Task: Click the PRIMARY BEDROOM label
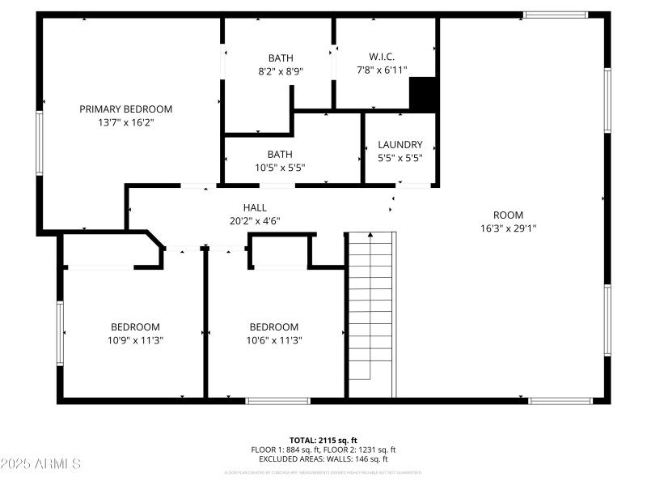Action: tap(125, 109)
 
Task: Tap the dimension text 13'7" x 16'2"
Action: tap(125, 123)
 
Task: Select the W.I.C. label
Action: tap(382, 58)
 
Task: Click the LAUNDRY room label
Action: tap(400, 145)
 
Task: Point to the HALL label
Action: tap(255, 207)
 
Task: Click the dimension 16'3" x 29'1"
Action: tap(508, 228)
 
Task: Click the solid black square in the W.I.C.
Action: tap(423, 94)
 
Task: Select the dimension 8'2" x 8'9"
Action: tap(281, 71)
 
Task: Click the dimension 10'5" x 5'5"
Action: tap(281, 168)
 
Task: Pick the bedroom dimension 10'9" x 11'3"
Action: tap(135, 340)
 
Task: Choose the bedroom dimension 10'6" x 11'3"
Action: tap(273, 340)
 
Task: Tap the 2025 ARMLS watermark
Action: tap(40, 464)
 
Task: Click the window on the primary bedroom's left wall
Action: tap(39, 143)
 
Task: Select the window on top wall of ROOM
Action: tap(555, 15)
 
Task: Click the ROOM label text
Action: tap(508, 215)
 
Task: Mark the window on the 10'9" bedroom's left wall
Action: tap(60, 333)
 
